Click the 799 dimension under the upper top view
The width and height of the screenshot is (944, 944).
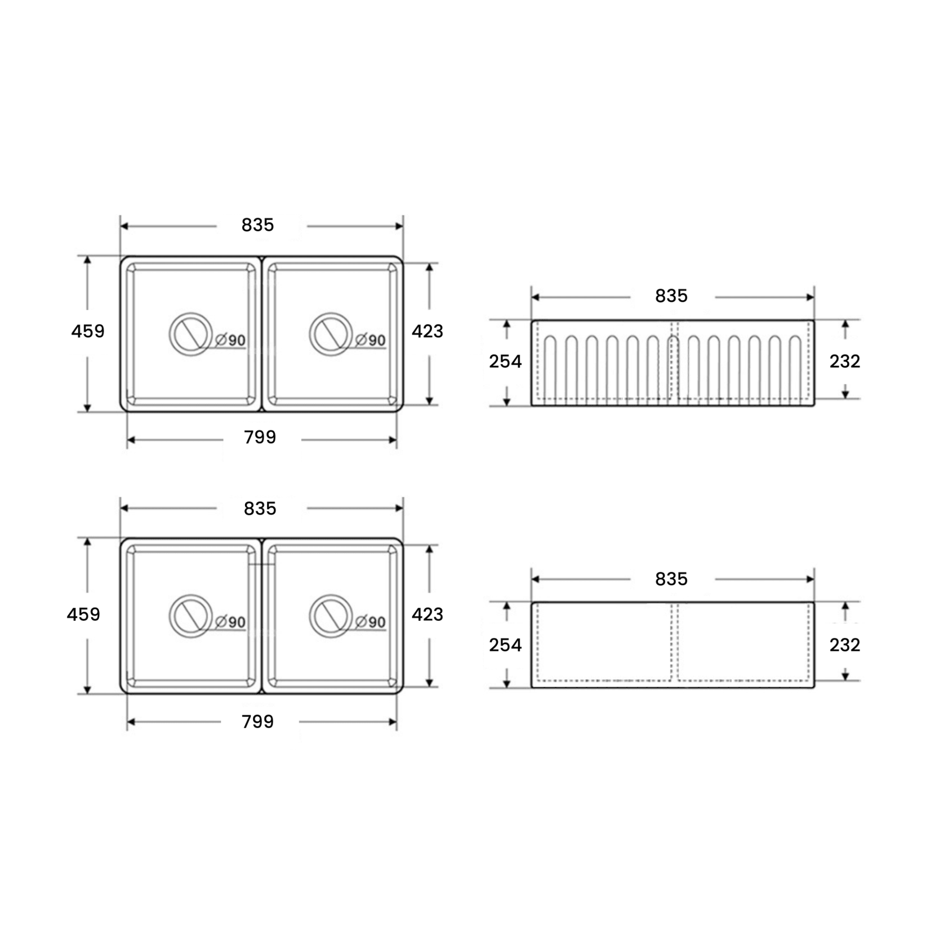click(x=260, y=438)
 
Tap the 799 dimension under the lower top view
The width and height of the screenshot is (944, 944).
click(x=258, y=722)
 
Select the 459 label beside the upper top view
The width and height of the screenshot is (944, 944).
click(x=88, y=331)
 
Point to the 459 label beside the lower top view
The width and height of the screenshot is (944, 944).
click(x=83, y=614)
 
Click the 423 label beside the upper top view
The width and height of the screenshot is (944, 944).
click(x=428, y=331)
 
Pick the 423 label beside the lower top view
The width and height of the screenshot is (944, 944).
click(x=428, y=614)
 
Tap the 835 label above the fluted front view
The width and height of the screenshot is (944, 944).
click(x=671, y=296)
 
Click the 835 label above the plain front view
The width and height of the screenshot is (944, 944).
click(x=671, y=579)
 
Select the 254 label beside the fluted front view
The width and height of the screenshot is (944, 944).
click(x=505, y=361)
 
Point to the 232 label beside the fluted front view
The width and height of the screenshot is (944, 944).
click(x=845, y=361)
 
